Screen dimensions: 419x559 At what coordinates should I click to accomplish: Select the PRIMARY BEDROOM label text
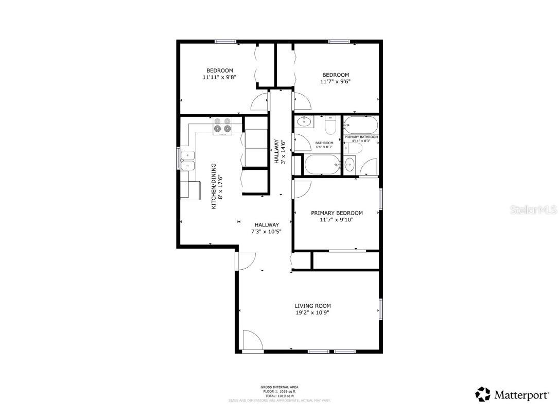coord(337,213)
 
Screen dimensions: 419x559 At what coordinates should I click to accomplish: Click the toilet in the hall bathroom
coord(330,125)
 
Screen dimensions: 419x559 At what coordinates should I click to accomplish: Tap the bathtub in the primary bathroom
coord(361,126)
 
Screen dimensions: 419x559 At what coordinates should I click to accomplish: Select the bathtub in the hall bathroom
coord(322,165)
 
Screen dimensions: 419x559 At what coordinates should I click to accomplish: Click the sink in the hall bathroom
coord(304,122)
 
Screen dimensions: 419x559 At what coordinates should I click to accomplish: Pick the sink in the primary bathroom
coord(350,165)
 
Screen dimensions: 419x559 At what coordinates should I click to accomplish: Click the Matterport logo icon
coord(483,395)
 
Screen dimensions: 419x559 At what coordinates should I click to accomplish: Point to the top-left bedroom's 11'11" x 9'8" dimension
coord(219,77)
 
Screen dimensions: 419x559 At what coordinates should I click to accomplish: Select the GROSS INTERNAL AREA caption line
coord(279,387)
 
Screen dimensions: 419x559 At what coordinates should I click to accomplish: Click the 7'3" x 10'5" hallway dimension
coord(266,231)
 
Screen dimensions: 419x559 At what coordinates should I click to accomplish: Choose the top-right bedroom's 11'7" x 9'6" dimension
coord(336,81)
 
